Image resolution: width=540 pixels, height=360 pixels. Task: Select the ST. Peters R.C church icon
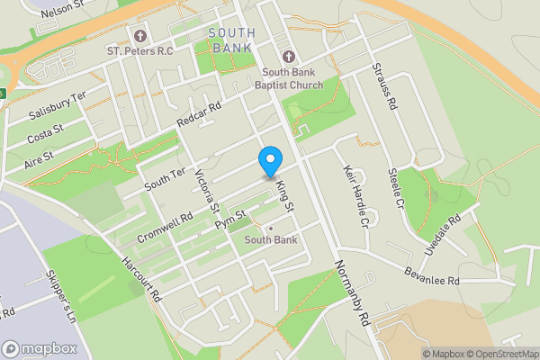pos(139,36)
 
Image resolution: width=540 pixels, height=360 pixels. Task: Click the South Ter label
pos(165,178)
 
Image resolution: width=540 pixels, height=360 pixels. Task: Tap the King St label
pos(286,195)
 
